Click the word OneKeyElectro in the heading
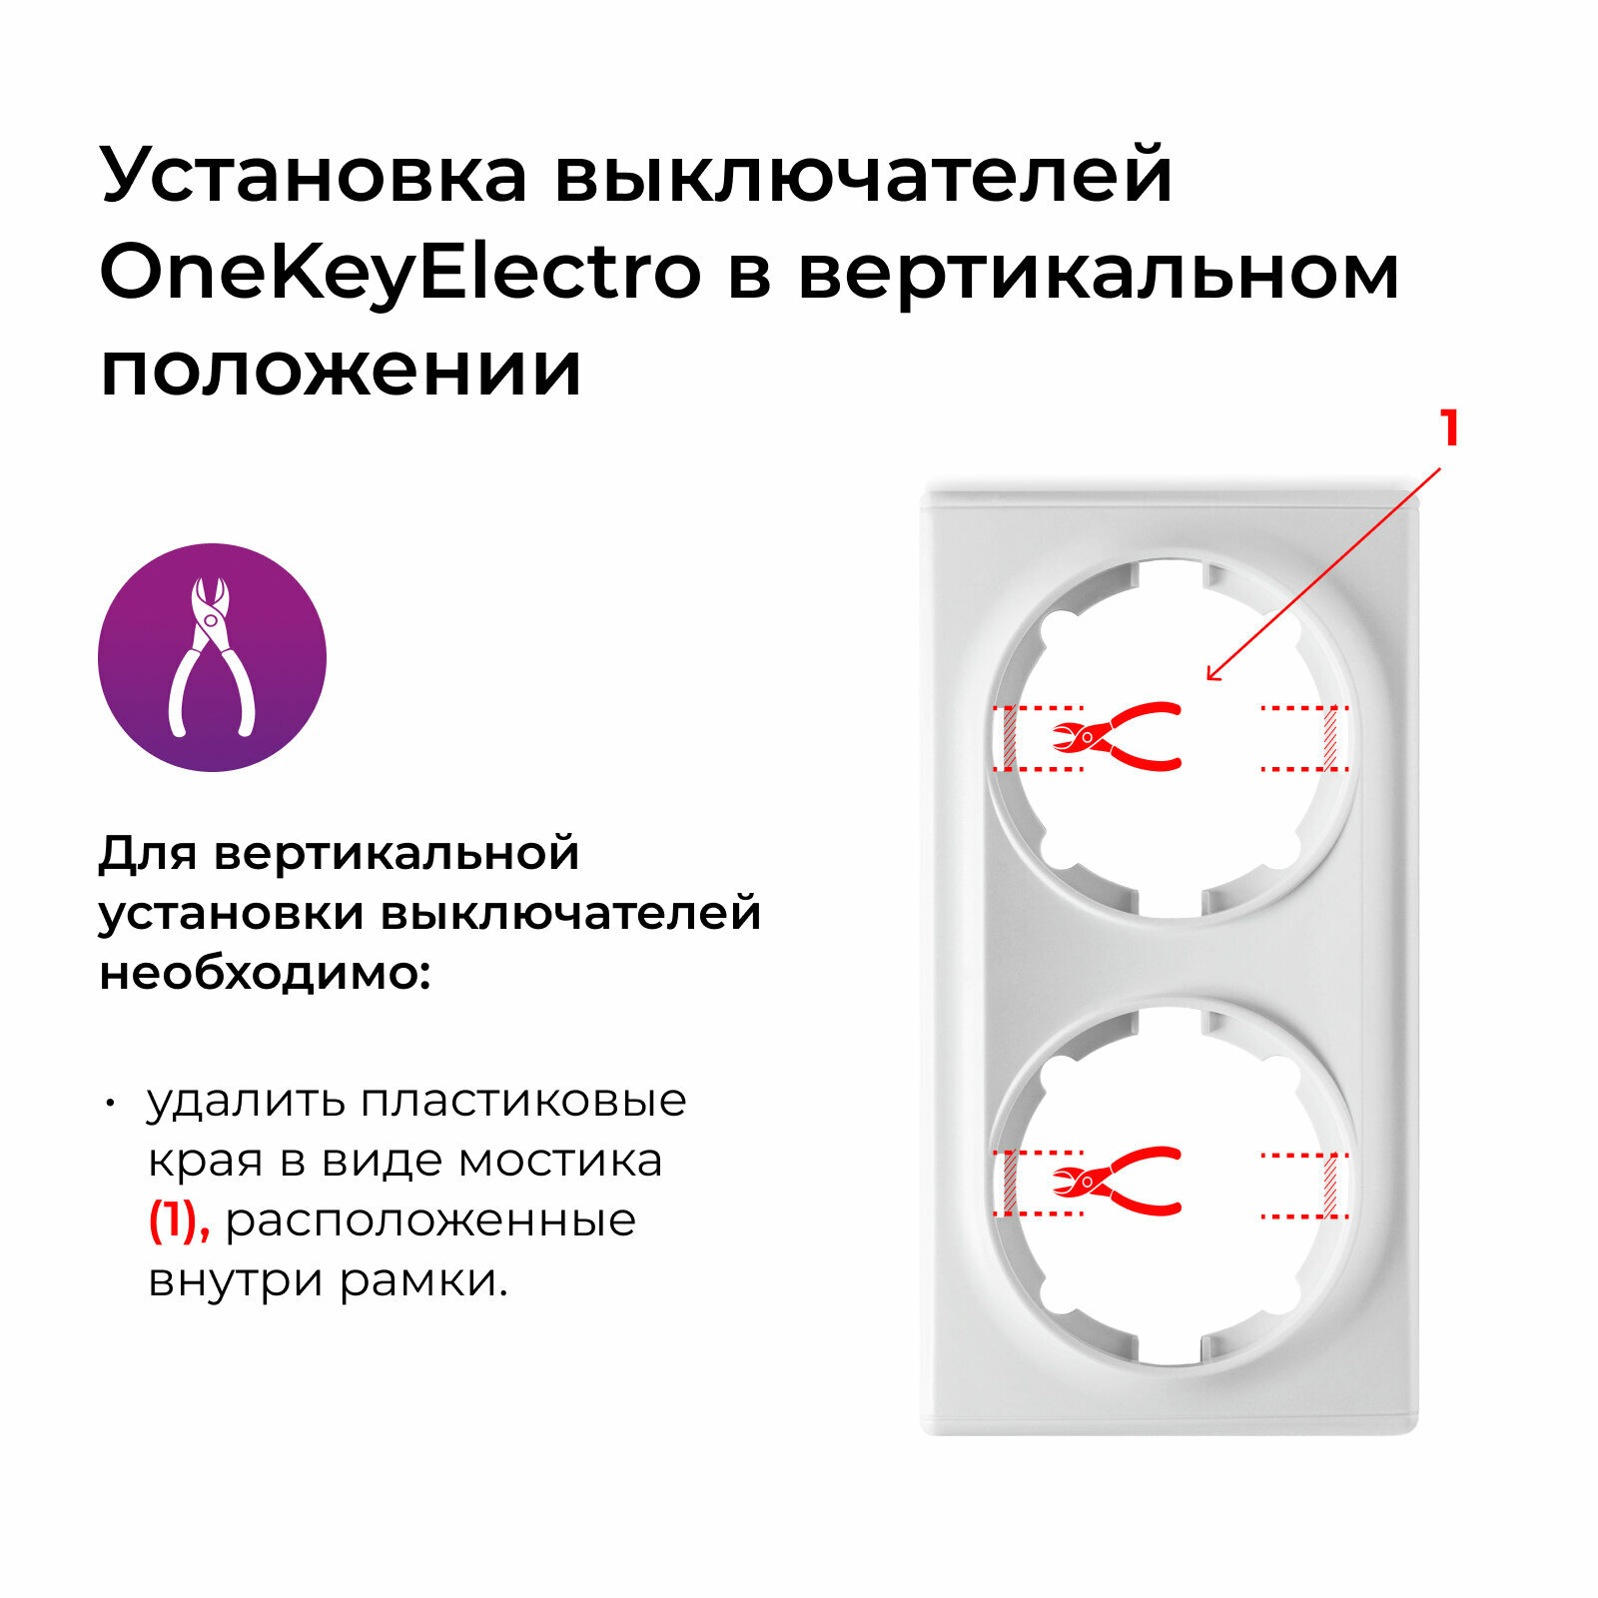point(400,273)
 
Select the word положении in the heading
point(341,370)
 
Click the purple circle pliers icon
point(212,657)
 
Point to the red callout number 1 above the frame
point(1450,428)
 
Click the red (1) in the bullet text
point(179,1220)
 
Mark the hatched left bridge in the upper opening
point(1009,738)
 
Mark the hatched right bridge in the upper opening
point(1330,738)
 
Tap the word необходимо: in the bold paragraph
point(265,973)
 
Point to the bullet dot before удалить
point(111,1104)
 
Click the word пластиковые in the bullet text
point(523,1101)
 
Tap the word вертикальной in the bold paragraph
point(397,853)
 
